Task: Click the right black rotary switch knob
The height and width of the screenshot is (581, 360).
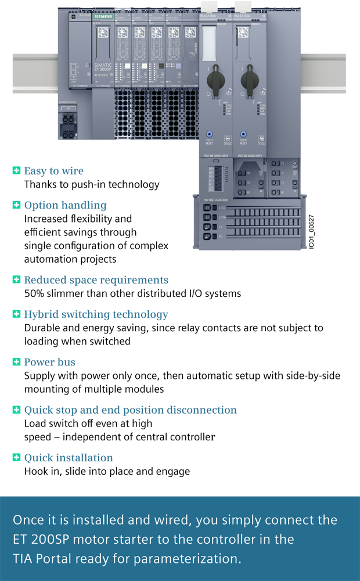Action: click(251, 80)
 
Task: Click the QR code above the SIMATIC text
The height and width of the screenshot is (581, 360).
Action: click(102, 35)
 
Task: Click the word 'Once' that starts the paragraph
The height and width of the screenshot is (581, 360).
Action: click(26, 519)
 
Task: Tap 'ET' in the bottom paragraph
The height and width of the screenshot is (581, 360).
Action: click(19, 539)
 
